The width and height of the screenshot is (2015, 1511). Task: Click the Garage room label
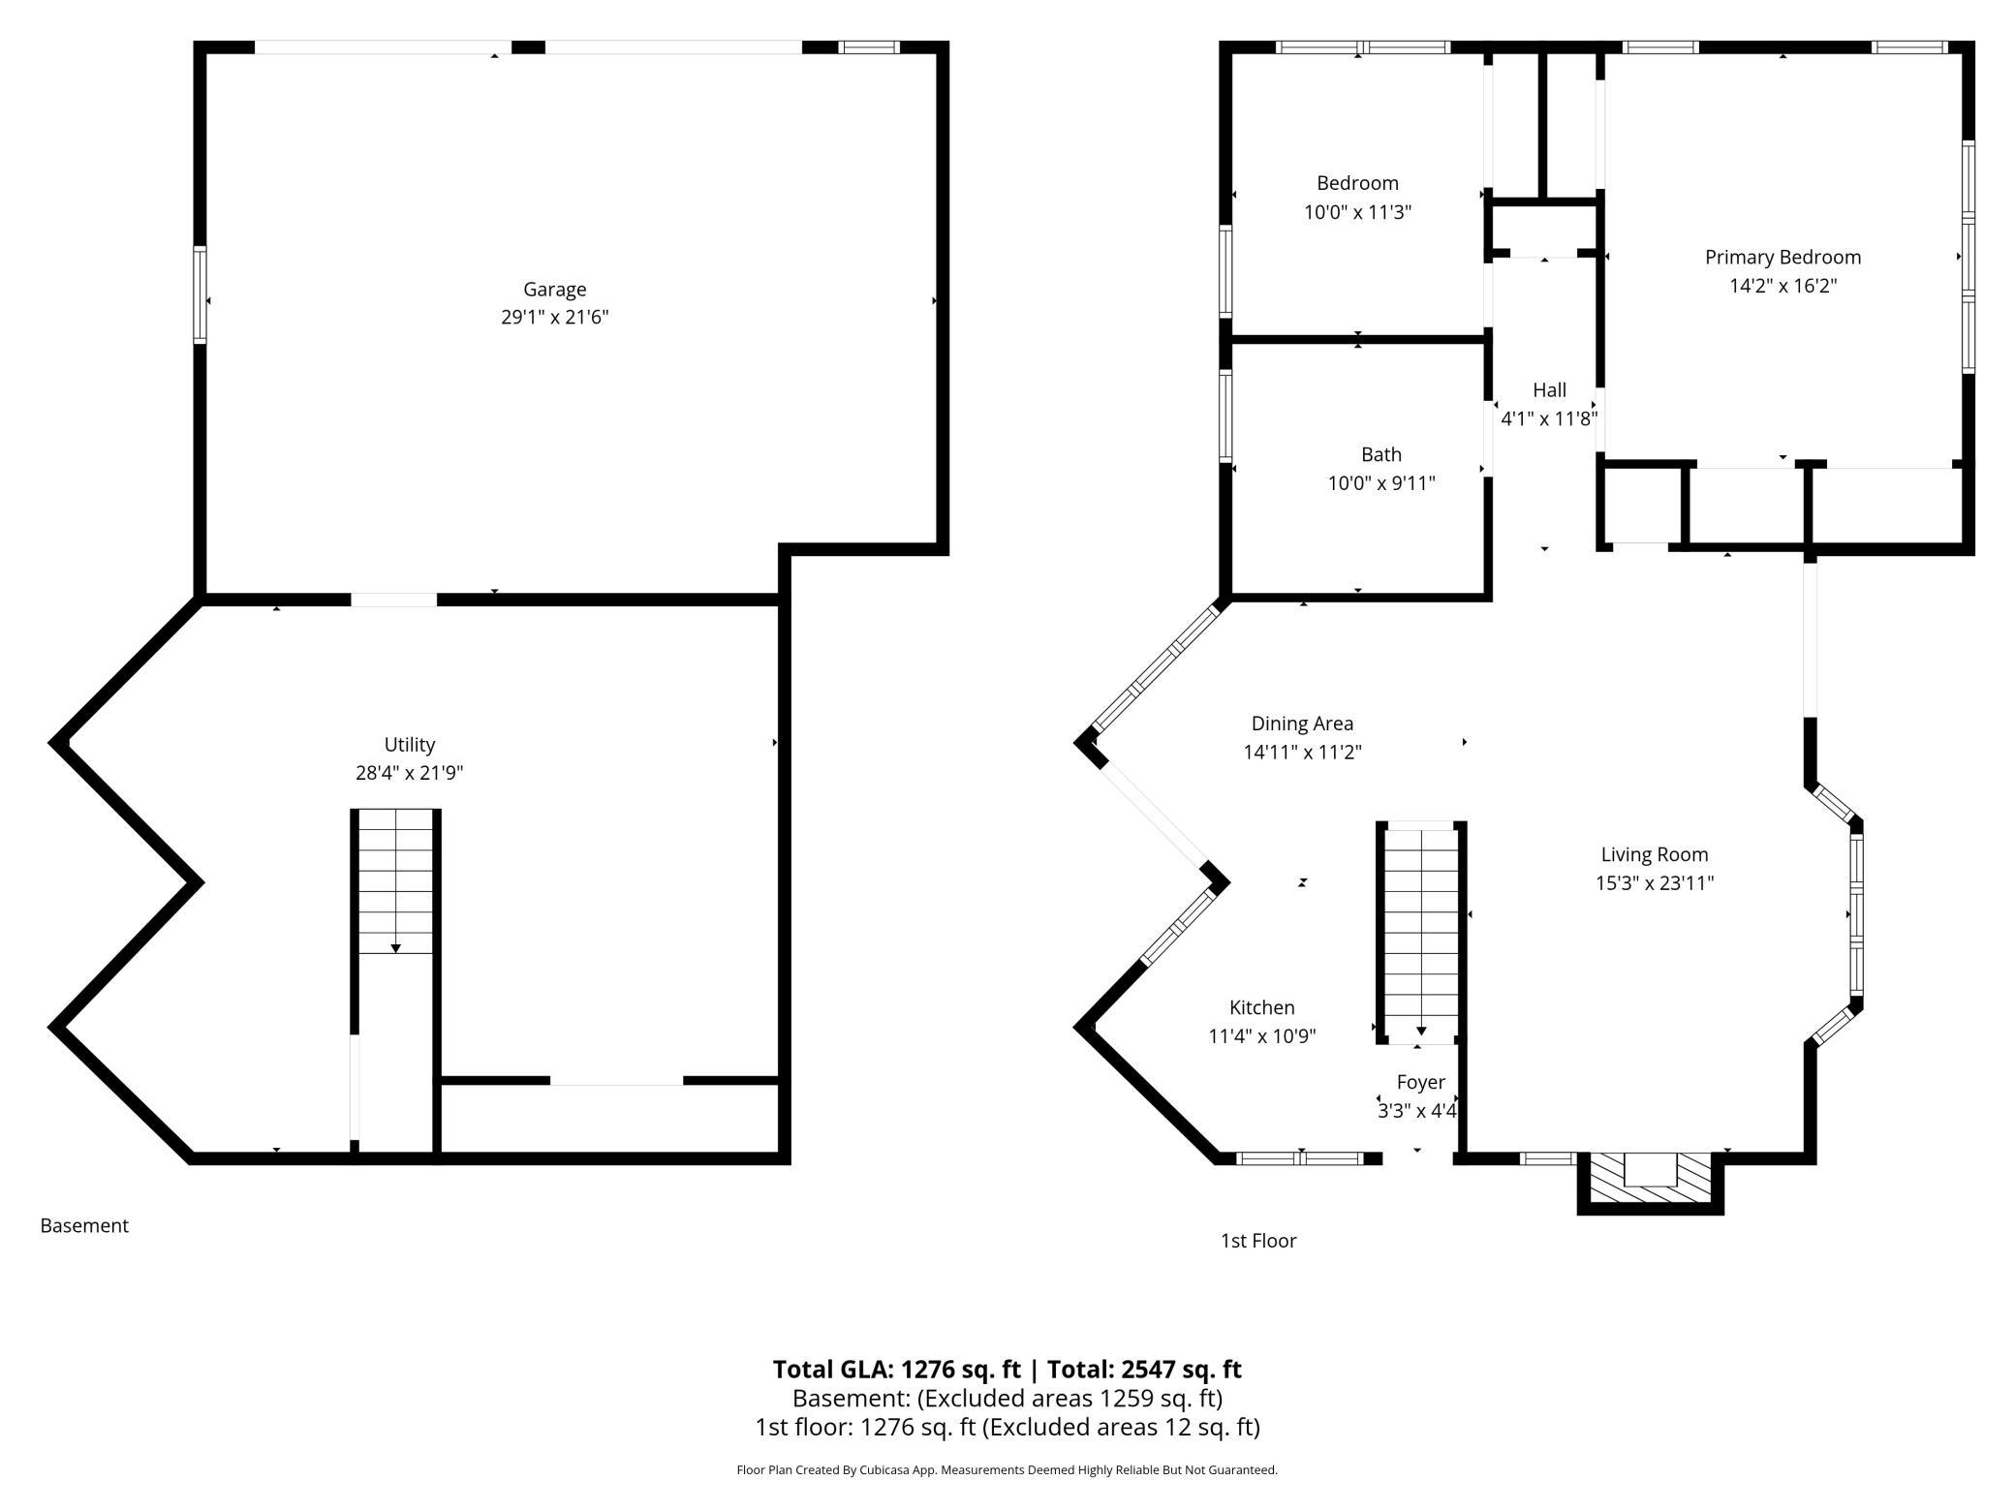[554, 289]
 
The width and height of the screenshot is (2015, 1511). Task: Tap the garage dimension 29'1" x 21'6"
[554, 317]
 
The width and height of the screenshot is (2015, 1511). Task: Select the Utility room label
[409, 744]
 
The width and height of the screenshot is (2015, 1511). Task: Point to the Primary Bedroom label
[1782, 257]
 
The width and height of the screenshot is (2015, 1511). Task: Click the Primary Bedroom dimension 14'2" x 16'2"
[1782, 286]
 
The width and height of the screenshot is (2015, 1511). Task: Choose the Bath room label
[1380, 454]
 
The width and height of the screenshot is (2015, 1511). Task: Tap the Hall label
[1549, 389]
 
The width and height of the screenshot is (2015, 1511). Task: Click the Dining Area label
[1302, 724]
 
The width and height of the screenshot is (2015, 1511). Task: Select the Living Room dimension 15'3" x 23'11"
[1655, 882]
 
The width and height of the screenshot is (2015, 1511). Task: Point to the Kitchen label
[1261, 1007]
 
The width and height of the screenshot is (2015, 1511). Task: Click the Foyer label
[1420, 1082]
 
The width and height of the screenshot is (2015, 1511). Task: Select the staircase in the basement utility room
[395, 881]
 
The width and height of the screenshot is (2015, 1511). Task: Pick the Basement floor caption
[84, 1225]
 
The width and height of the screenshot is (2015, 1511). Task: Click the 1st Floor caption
[1257, 1241]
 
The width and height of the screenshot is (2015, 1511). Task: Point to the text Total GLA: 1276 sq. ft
[896, 1369]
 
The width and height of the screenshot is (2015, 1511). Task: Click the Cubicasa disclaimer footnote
[1007, 1469]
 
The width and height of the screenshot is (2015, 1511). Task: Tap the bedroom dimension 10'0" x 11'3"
[1357, 212]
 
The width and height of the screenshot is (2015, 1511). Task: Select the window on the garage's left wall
[201, 294]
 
